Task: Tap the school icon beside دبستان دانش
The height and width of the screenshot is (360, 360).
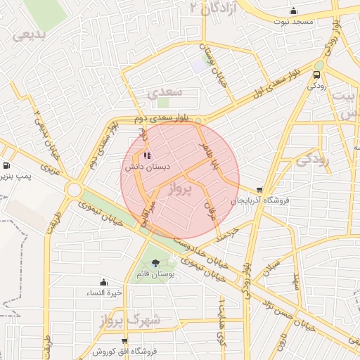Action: [146, 156]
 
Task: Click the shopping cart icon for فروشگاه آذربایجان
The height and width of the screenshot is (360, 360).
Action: [260, 190]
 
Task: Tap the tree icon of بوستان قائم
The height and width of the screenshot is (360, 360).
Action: [155, 264]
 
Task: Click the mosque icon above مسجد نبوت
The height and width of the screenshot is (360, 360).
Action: [293, 11]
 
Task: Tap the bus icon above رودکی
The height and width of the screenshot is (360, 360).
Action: [316, 74]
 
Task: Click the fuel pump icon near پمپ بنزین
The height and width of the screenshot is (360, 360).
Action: [5, 158]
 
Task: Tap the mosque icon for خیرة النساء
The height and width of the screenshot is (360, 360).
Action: [103, 282]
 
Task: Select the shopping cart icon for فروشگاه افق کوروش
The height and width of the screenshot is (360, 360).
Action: [124, 341]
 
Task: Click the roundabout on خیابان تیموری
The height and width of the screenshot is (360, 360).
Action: [73, 190]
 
